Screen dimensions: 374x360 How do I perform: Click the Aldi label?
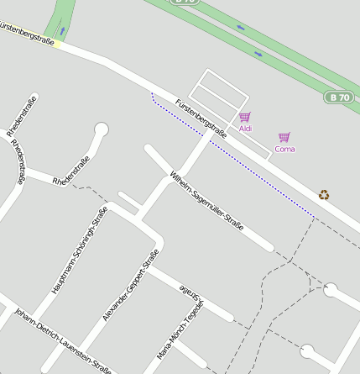(245, 129)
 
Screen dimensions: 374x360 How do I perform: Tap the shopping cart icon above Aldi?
(244, 118)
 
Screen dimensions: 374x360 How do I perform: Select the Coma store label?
(284, 149)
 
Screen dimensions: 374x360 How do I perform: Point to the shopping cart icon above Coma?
(284, 137)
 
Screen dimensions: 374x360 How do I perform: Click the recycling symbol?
(324, 195)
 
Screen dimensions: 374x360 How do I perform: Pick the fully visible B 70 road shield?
(338, 97)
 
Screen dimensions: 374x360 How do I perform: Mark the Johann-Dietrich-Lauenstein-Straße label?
(63, 340)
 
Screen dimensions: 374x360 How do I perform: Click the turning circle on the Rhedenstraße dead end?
(102, 130)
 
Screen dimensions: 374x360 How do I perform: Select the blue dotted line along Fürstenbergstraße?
(235, 161)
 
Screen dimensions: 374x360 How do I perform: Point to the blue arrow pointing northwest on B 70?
(242, 28)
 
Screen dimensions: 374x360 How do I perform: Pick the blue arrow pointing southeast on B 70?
(258, 55)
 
